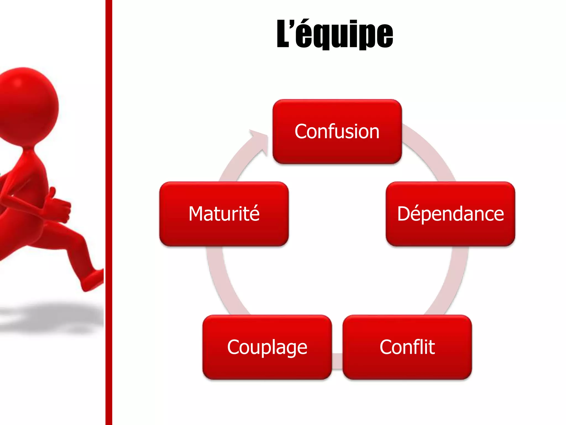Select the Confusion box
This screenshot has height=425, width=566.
click(337, 131)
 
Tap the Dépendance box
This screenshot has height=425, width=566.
click(450, 214)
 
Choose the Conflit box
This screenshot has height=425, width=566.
click(407, 347)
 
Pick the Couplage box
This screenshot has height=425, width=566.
click(267, 347)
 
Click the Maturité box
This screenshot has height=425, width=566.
click(224, 214)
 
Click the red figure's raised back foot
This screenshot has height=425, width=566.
click(93, 279)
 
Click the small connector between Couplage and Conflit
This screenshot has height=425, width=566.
click(337, 361)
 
